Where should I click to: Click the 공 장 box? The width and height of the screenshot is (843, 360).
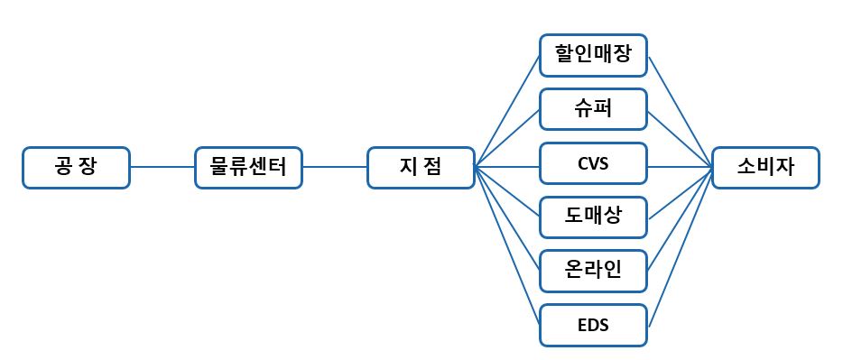click(77, 168)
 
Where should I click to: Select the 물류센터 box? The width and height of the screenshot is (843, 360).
click(248, 168)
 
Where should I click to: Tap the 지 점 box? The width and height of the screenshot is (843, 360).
click(421, 168)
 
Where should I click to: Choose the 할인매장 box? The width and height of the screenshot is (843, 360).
click(593, 56)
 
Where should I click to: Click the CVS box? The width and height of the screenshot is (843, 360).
click(593, 166)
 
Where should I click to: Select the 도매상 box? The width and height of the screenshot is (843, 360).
click(593, 217)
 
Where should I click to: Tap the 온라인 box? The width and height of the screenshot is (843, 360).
click(593, 271)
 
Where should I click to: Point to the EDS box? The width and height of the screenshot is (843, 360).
click(593, 325)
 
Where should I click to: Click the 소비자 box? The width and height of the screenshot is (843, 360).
click(765, 168)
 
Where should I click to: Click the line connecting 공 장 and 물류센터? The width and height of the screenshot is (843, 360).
click(162, 168)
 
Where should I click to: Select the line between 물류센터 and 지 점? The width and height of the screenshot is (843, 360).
click(335, 168)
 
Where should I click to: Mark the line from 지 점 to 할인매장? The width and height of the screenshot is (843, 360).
click(507, 113)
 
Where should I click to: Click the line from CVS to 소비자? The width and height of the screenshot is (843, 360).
click(679, 167)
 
